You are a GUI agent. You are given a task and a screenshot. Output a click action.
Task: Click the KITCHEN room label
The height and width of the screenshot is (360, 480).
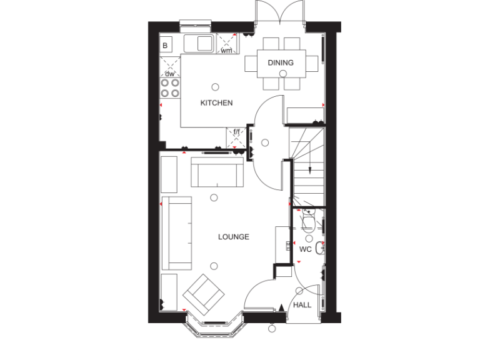[x=216, y=103]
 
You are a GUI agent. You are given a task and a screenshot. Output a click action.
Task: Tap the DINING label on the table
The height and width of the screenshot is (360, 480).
[x=281, y=62]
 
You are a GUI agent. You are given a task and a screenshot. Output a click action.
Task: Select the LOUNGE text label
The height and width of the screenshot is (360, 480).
[x=234, y=237]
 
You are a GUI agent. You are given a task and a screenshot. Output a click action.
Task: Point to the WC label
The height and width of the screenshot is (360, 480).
[x=305, y=249]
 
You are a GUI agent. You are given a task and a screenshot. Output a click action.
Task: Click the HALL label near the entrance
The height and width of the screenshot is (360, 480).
[x=302, y=305]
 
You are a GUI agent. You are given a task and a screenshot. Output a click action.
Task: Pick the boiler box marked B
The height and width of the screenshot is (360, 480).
[x=166, y=45]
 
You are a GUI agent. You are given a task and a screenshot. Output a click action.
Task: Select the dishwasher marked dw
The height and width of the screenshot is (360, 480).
[x=169, y=67]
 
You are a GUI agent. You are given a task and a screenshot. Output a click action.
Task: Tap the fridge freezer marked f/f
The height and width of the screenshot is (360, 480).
[x=237, y=138]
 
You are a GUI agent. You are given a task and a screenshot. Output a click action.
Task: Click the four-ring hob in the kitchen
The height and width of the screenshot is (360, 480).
[x=169, y=86]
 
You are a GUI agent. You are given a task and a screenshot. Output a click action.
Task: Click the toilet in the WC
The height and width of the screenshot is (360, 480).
[x=308, y=222]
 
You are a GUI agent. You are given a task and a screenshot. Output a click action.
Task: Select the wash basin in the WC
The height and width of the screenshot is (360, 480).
[x=320, y=248]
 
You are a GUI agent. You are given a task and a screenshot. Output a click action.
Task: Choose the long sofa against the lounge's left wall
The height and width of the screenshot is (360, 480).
[x=176, y=232]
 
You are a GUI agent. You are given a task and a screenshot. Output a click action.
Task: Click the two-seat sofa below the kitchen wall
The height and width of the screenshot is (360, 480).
[x=217, y=172]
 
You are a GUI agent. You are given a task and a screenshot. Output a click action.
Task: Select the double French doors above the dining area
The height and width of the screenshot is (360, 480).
[x=279, y=14]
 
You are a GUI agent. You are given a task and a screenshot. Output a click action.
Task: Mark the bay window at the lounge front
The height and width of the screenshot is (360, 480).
[x=214, y=326]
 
